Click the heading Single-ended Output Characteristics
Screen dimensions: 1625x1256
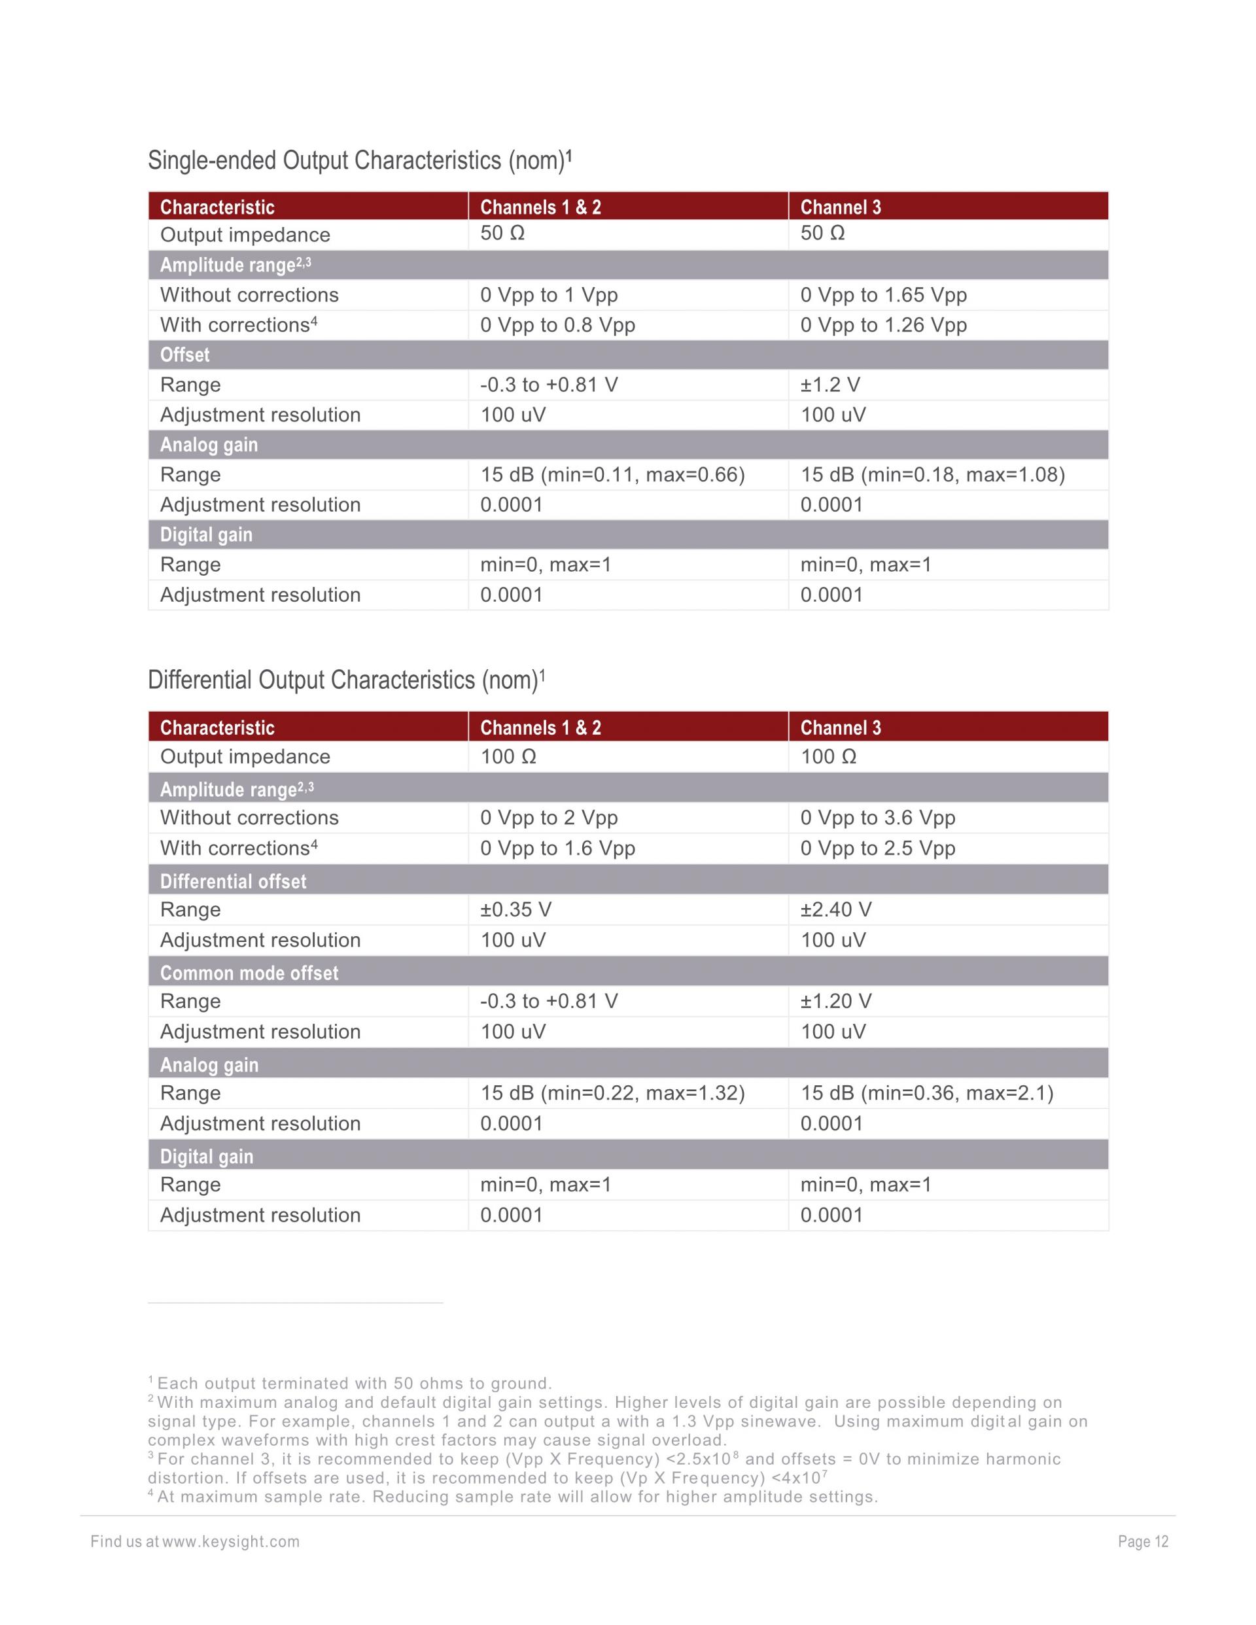(x=359, y=161)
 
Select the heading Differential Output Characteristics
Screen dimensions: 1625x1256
(x=346, y=680)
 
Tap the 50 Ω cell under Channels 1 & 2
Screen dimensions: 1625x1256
(x=502, y=234)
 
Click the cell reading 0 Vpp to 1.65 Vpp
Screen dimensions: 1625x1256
(x=883, y=296)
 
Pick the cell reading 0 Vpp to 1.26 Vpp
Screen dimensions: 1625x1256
(x=883, y=325)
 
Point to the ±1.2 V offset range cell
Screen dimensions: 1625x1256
(x=829, y=385)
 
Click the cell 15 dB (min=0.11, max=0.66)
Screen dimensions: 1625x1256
(x=612, y=475)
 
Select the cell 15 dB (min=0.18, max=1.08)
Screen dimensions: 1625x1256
(x=932, y=475)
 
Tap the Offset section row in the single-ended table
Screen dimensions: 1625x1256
(x=184, y=355)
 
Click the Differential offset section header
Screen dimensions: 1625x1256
(x=233, y=882)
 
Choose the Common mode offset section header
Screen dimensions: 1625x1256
(x=249, y=973)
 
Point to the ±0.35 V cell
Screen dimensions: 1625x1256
(x=515, y=910)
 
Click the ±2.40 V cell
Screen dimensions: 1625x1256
(x=835, y=910)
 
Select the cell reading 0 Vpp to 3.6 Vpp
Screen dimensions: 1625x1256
(x=877, y=818)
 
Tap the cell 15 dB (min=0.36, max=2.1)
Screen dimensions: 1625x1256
(x=926, y=1093)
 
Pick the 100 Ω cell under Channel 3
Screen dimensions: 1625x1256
(x=828, y=757)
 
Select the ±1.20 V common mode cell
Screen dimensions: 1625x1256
(x=835, y=1002)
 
